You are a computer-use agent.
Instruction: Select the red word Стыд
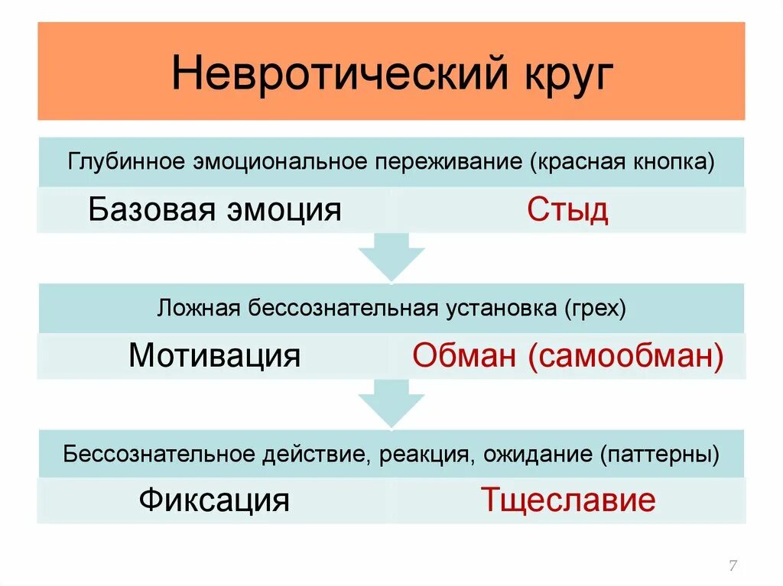(x=567, y=210)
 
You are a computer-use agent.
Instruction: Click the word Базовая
(x=149, y=209)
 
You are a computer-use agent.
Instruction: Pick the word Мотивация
(x=214, y=356)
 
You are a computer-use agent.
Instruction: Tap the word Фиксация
(x=214, y=500)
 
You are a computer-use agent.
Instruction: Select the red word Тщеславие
(x=567, y=500)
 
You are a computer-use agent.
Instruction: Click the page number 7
(x=733, y=565)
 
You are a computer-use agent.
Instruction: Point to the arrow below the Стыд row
(x=391, y=257)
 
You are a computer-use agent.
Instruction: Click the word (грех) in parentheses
(x=596, y=309)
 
